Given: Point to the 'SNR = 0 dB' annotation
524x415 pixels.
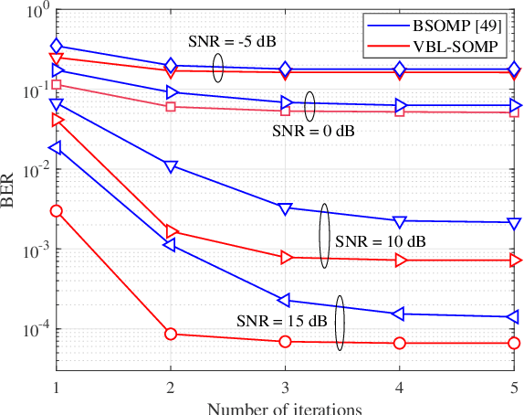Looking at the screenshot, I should click(313, 131).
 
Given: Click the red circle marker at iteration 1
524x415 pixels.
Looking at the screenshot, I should click(57, 211).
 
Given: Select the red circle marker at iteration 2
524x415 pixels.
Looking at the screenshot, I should click(171, 334).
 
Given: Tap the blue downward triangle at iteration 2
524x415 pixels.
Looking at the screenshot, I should click(171, 166).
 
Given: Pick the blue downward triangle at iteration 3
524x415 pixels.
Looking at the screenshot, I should click(285, 208).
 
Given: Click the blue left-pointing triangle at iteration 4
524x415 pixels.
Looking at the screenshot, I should click(399, 314).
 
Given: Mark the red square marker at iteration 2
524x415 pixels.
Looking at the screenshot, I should click(171, 107).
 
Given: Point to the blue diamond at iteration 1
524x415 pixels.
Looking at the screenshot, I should click(57, 46).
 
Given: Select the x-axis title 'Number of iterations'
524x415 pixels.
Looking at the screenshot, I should click(285, 408).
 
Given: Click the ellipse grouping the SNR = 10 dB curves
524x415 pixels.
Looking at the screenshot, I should click(324, 235).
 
